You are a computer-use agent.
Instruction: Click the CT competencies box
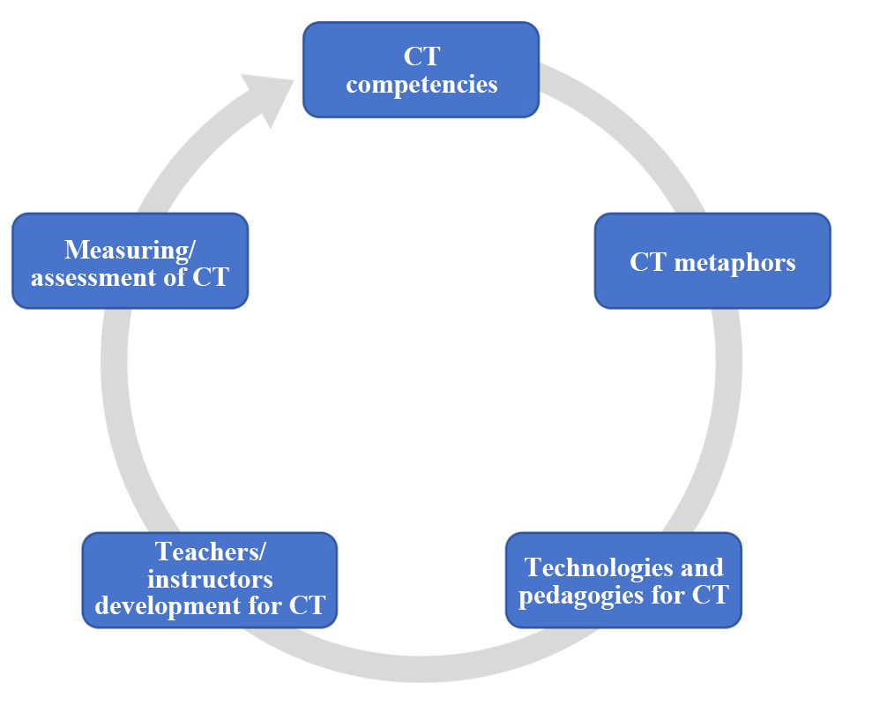(421, 70)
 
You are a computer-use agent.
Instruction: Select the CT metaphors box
(712, 261)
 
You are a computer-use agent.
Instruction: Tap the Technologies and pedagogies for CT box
(623, 580)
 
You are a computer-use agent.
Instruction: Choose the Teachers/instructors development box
(210, 580)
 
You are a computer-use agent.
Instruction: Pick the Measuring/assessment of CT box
(130, 261)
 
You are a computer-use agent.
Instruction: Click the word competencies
(421, 85)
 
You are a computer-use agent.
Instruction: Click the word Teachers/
(211, 552)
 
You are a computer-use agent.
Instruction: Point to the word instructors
(210, 579)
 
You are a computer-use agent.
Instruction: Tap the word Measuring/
(130, 249)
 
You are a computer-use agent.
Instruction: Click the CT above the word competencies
(421, 56)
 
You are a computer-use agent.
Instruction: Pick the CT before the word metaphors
(646, 262)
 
